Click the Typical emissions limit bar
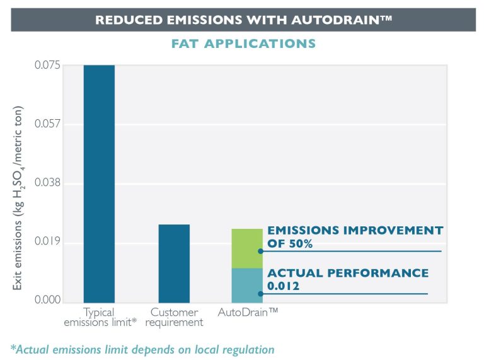pyautogui.click(x=99, y=183)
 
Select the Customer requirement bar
pyautogui.click(x=174, y=264)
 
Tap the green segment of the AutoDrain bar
pyautogui.click(x=247, y=248)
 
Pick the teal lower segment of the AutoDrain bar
pyautogui.click(x=247, y=286)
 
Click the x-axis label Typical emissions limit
pyautogui.click(x=98, y=317)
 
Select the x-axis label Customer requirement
pyautogui.click(x=174, y=317)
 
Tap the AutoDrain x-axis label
pyautogui.click(x=248, y=312)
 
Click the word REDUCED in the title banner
pyautogui.click(x=124, y=20)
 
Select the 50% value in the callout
pyautogui.click(x=301, y=244)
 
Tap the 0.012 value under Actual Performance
pyautogui.click(x=283, y=286)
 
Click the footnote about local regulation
pyautogui.click(x=142, y=349)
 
